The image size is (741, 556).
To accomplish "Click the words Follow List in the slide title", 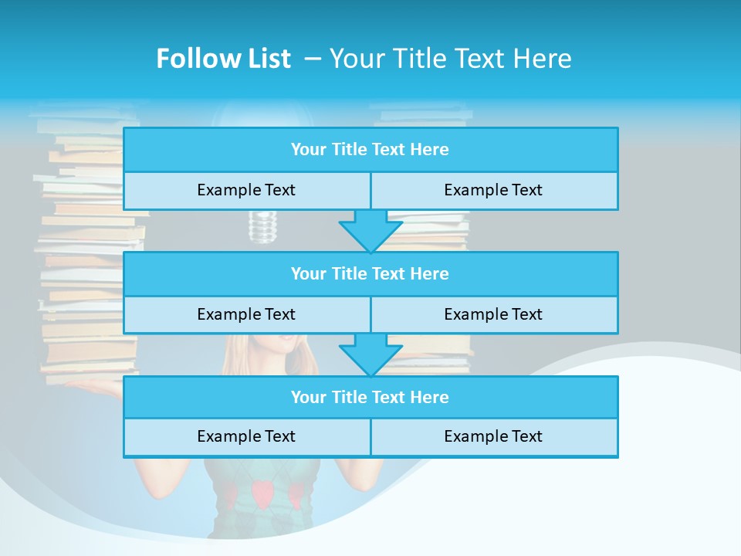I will tap(223, 59).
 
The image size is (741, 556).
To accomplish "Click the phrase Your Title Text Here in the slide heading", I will tap(450, 59).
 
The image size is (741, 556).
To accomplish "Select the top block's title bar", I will tap(370, 150).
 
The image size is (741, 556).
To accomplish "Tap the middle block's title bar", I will tap(370, 273).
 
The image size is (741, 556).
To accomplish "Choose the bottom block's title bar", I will tap(370, 397).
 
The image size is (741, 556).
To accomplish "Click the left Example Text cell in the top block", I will tap(247, 190).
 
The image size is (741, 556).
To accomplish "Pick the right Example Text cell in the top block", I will tap(494, 190).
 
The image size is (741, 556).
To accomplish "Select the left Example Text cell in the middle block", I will tap(247, 314).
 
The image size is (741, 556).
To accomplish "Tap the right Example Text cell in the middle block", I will tap(494, 314).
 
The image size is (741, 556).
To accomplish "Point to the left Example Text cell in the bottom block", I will tap(247, 436).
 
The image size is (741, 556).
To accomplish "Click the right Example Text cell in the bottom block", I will tap(494, 436).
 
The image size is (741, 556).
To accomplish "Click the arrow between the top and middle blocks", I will tap(370, 231).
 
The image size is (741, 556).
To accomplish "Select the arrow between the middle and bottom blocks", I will tap(370, 355).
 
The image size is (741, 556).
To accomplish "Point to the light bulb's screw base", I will tap(262, 226).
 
